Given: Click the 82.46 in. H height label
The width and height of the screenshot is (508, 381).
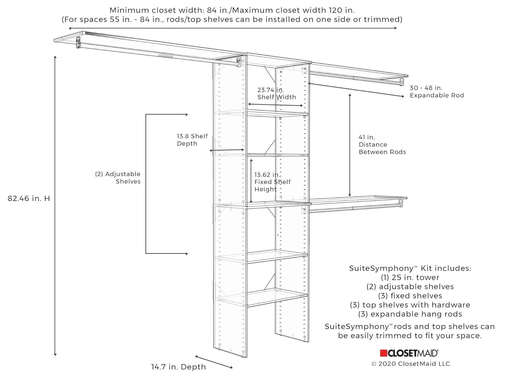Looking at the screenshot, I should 29,198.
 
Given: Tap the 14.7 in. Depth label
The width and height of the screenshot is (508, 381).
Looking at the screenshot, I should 178,367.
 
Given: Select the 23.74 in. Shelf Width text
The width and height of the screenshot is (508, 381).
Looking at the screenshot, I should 276,93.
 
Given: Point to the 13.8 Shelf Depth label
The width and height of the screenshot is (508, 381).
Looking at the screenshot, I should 192,140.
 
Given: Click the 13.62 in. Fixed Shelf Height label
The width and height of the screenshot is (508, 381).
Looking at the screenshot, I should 272,182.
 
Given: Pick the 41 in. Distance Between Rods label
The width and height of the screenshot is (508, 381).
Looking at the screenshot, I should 382,145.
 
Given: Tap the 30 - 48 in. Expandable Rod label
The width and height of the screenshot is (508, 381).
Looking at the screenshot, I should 437,91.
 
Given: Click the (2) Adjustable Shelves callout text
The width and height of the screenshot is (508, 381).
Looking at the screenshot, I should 118,177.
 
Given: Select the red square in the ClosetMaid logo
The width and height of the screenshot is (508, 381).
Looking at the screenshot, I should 383,353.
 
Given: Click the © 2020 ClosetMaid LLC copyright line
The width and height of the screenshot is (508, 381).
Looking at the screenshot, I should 411,364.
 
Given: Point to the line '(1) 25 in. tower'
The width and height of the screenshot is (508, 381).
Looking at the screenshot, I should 410,277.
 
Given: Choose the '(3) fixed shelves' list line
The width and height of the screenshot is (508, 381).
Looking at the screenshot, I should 410,296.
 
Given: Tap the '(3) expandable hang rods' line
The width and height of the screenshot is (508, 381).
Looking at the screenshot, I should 410,314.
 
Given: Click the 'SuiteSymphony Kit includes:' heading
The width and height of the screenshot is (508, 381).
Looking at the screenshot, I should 410,268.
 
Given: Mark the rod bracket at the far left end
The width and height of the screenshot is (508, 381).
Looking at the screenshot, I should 79,42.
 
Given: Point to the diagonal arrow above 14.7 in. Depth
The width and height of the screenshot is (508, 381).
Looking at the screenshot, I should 214,362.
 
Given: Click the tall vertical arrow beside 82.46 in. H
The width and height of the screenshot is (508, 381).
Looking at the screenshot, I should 55,206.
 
